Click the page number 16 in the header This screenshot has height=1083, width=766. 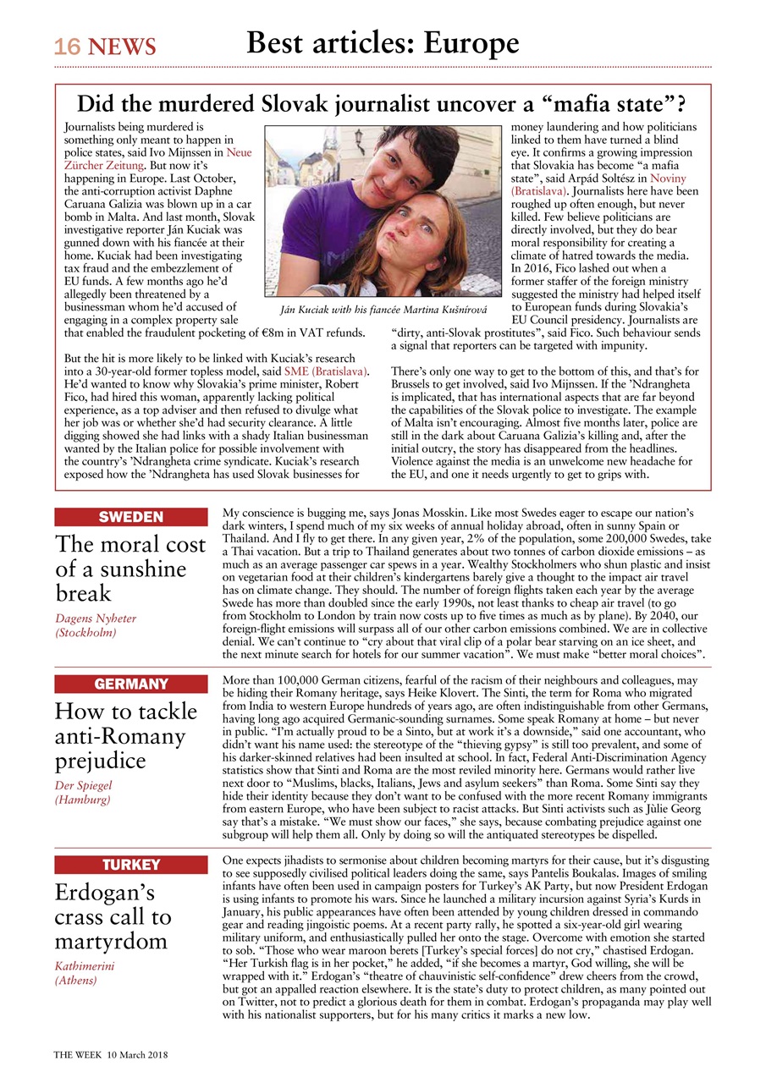tap(67, 46)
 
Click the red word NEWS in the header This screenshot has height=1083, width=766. tap(122, 47)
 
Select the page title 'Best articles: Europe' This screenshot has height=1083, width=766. tap(383, 41)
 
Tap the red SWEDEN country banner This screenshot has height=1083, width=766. tap(131, 517)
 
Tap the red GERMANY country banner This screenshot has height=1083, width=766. tap(131, 684)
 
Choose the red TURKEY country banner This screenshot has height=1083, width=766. tap(131, 864)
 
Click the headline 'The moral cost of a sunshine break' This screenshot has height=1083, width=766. tap(130, 567)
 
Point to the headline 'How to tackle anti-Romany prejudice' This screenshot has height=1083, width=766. tap(126, 734)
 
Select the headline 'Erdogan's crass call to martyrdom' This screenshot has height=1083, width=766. tap(113, 916)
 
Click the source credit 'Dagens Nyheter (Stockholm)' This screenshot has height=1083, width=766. tap(96, 625)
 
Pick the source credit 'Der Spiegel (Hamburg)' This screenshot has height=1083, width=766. tap(83, 792)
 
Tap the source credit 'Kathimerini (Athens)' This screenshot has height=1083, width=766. tap(85, 973)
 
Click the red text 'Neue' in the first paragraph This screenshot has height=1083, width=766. tap(239, 153)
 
